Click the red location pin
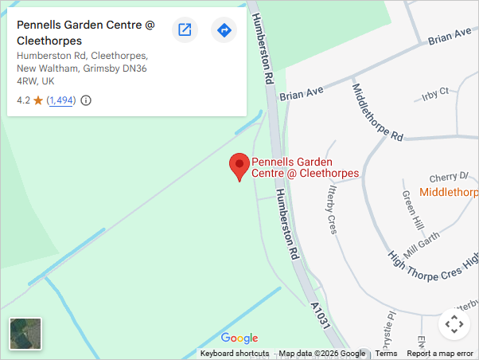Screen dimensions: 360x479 pyautogui.click(x=239, y=166)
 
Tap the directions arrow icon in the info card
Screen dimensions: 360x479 pyautogui.click(x=224, y=30)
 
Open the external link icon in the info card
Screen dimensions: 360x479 pyautogui.click(x=185, y=30)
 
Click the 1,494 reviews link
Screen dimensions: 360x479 pyautogui.click(x=61, y=100)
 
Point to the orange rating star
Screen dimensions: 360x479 pyautogui.click(x=37, y=100)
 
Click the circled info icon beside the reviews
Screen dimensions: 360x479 pyautogui.click(x=86, y=100)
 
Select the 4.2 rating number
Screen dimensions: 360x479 pyautogui.click(x=23, y=100)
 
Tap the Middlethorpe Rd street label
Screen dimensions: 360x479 pyautogui.click(x=376, y=112)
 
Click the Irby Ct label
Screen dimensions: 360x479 pyautogui.click(x=436, y=93)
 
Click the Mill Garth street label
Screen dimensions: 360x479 pyautogui.click(x=422, y=237)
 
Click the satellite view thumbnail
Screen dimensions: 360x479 pyautogui.click(x=25, y=334)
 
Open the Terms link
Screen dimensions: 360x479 pyautogui.click(x=386, y=354)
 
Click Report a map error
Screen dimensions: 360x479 pyautogui.click(x=440, y=354)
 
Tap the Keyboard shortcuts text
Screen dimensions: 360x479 pyautogui.click(x=235, y=354)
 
